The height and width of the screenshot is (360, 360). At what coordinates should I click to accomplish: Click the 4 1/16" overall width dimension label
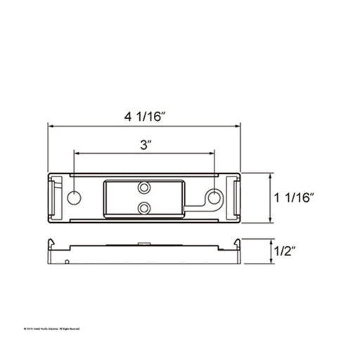144,116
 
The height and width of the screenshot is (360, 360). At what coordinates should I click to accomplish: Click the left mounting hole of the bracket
73,197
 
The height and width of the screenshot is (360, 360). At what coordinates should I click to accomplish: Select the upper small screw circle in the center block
144,188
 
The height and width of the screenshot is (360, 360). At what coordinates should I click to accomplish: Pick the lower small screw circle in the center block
144,207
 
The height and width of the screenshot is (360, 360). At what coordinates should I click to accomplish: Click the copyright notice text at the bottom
53,328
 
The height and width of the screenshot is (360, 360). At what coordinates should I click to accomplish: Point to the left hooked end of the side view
51,244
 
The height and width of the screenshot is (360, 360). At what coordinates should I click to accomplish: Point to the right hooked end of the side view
238,244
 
